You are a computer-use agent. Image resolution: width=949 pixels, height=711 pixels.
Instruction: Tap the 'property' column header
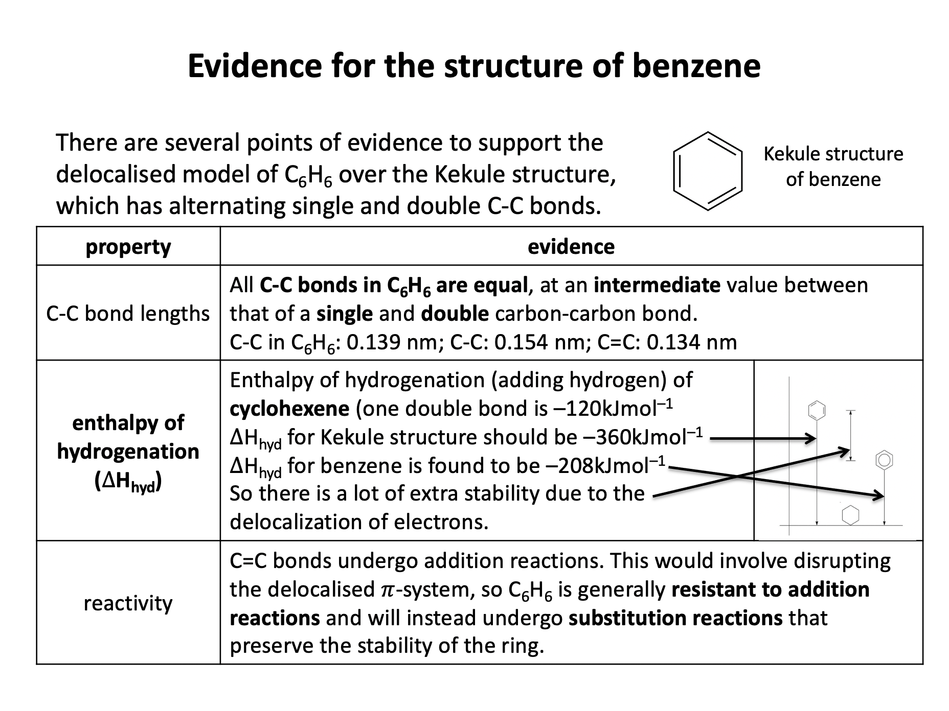128,247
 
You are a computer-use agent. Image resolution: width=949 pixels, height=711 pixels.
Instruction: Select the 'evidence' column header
571,247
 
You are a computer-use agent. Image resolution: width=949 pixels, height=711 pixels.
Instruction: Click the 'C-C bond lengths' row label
128,313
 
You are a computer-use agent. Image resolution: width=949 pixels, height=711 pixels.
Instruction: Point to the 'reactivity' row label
128,603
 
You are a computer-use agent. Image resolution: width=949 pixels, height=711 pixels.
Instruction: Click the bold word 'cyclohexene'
289,409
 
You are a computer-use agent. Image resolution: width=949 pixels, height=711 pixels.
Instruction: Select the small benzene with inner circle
884,460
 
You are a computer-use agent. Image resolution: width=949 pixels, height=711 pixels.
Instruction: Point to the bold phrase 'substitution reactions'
675,618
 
